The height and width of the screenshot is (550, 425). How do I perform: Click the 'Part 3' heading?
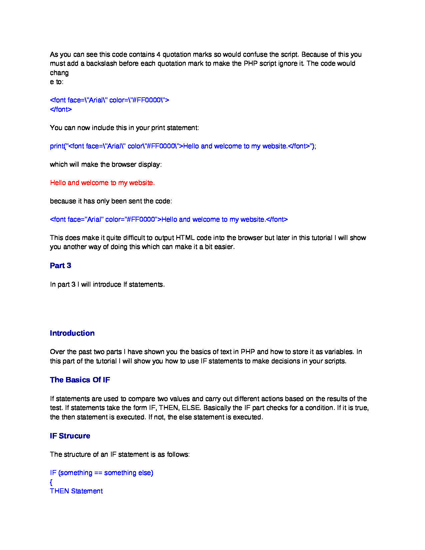60,266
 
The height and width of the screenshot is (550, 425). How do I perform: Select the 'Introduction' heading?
72,333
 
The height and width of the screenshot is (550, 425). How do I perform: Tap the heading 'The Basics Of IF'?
80,380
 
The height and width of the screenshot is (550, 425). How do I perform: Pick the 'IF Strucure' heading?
70,436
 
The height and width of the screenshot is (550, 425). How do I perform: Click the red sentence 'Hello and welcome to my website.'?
102,183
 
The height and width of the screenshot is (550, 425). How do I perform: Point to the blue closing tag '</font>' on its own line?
61,109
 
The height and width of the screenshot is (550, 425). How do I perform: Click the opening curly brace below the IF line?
51,482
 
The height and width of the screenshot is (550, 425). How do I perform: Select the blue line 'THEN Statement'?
76,491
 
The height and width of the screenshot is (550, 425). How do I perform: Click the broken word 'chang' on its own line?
59,73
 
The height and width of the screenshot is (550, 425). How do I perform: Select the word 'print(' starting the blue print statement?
57,146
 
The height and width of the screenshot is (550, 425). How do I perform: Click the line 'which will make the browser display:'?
106,164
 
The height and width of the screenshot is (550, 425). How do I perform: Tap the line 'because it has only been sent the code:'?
111,201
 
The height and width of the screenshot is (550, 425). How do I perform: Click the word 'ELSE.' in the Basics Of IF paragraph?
191,408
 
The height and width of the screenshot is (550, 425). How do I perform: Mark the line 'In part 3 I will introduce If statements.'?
107,284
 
